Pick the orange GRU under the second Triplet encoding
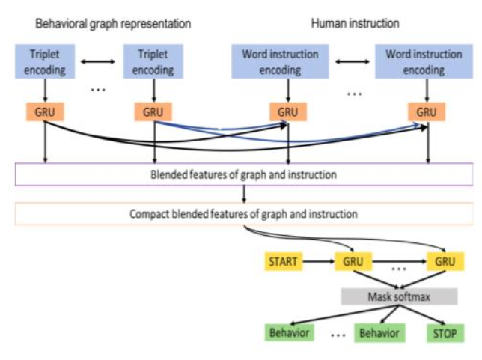click(x=154, y=112)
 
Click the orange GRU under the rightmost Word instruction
click(x=427, y=112)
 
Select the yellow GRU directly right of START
click(x=352, y=263)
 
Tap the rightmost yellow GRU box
click(x=444, y=263)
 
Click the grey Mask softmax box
click(x=398, y=296)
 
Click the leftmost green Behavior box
click(x=288, y=332)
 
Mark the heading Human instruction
click(x=355, y=23)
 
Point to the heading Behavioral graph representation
click(x=113, y=23)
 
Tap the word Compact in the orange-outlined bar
click(x=150, y=214)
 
